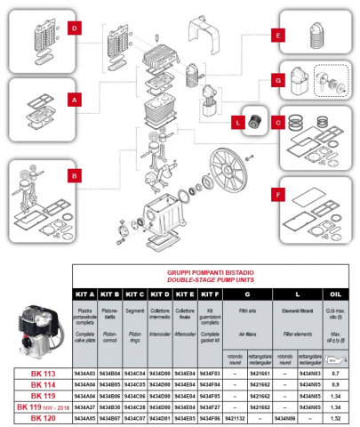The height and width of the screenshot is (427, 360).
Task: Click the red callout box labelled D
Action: pyautogui.click(x=76, y=28)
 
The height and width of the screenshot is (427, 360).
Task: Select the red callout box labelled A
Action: pyautogui.click(x=76, y=101)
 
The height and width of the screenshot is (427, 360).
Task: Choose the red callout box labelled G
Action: pyautogui.click(x=278, y=81)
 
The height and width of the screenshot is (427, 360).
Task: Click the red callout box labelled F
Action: pyautogui.click(x=278, y=192)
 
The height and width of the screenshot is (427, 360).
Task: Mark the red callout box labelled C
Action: pyautogui.click(x=278, y=121)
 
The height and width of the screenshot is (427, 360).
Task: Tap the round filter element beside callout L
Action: pyautogui.click(x=257, y=123)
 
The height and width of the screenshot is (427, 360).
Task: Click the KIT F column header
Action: pyautogui.click(x=211, y=294)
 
